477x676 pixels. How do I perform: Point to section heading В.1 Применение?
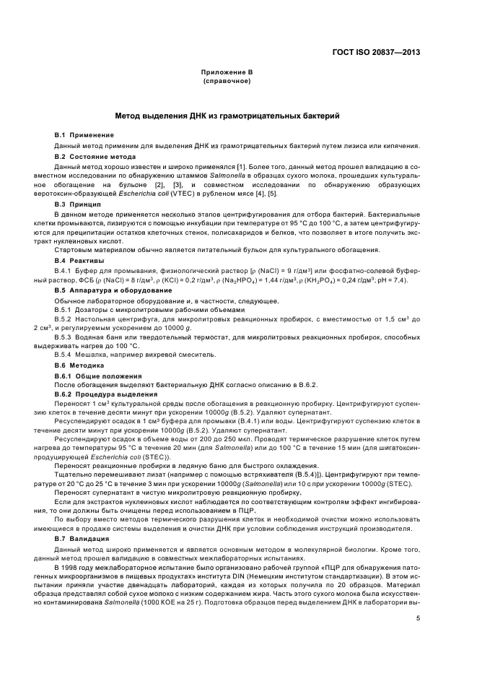(84, 135)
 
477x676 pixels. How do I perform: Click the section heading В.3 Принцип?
(80, 205)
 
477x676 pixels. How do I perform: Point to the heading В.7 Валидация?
(84, 538)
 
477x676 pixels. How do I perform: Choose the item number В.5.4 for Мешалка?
(65, 355)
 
